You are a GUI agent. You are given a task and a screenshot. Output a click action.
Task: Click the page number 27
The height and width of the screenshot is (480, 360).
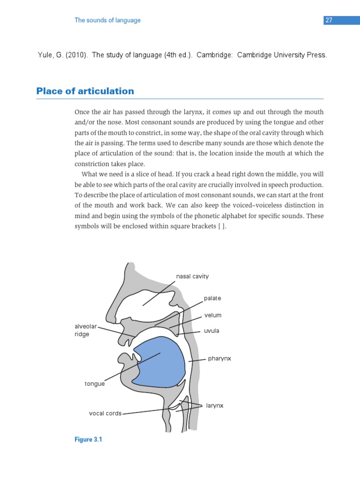[329, 20]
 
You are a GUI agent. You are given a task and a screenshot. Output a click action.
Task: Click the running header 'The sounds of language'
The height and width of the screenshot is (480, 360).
[107, 20]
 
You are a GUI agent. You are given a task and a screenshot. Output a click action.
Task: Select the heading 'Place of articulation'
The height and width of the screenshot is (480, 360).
[85, 91]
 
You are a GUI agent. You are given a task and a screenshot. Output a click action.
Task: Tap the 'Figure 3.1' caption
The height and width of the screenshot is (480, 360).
[88, 440]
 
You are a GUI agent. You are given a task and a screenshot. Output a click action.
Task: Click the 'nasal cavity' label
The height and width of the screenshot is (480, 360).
[192, 277]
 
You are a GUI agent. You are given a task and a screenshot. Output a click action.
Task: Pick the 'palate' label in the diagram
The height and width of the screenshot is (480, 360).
[212, 298]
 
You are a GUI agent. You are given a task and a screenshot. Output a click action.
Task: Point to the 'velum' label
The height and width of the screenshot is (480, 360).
[213, 315]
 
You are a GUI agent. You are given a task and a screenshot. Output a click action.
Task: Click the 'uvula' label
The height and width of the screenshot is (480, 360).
[211, 331]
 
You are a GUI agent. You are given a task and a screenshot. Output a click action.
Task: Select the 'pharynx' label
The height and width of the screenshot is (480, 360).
[219, 359]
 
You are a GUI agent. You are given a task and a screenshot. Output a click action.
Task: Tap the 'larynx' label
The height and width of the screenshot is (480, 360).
[215, 405]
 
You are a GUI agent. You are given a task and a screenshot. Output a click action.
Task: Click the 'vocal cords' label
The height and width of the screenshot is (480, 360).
[105, 413]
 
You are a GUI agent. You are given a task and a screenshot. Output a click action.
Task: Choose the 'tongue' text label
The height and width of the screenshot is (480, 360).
[94, 384]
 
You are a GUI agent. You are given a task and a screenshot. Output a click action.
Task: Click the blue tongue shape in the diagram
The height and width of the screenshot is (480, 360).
[159, 361]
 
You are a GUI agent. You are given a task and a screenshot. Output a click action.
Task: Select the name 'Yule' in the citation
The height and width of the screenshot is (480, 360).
[45, 55]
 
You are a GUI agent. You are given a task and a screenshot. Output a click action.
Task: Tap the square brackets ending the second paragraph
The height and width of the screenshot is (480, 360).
[222, 227]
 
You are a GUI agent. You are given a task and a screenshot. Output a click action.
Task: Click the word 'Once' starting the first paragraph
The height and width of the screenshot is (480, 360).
[82, 112]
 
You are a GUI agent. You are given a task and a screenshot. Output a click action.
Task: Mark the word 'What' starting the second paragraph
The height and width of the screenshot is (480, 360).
[90, 174]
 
